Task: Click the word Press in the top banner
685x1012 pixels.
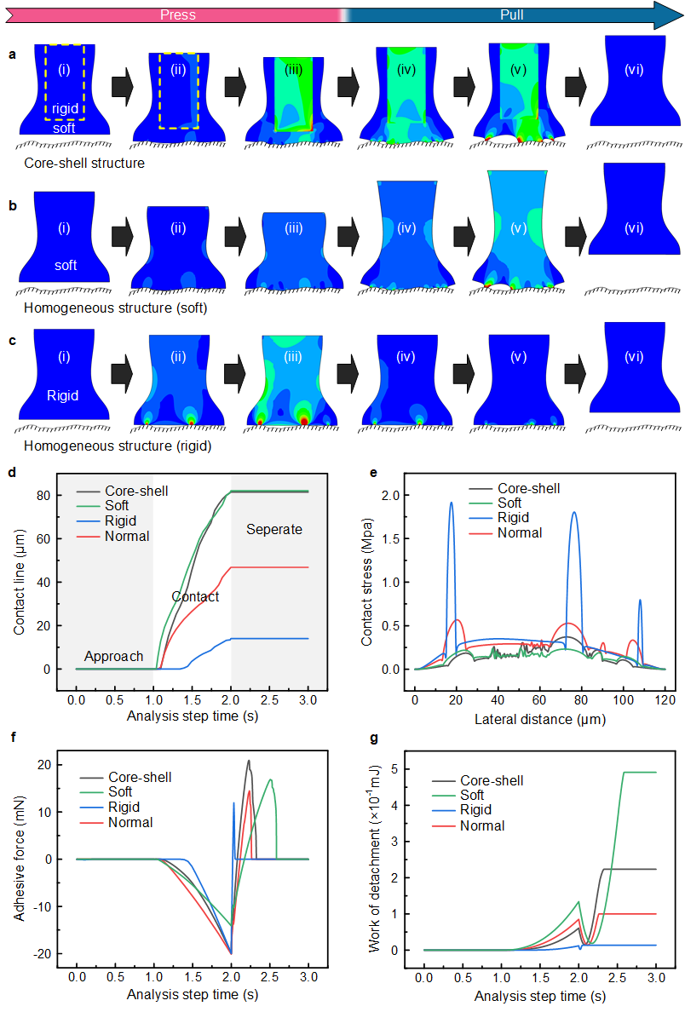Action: click(x=178, y=14)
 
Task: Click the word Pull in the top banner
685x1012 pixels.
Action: click(x=512, y=14)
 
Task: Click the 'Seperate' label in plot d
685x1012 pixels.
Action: click(x=274, y=529)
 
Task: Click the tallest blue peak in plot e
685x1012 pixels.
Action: click(x=451, y=503)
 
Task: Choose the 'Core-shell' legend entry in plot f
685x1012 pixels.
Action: click(x=139, y=777)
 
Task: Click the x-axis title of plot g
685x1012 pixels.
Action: click(x=539, y=995)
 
